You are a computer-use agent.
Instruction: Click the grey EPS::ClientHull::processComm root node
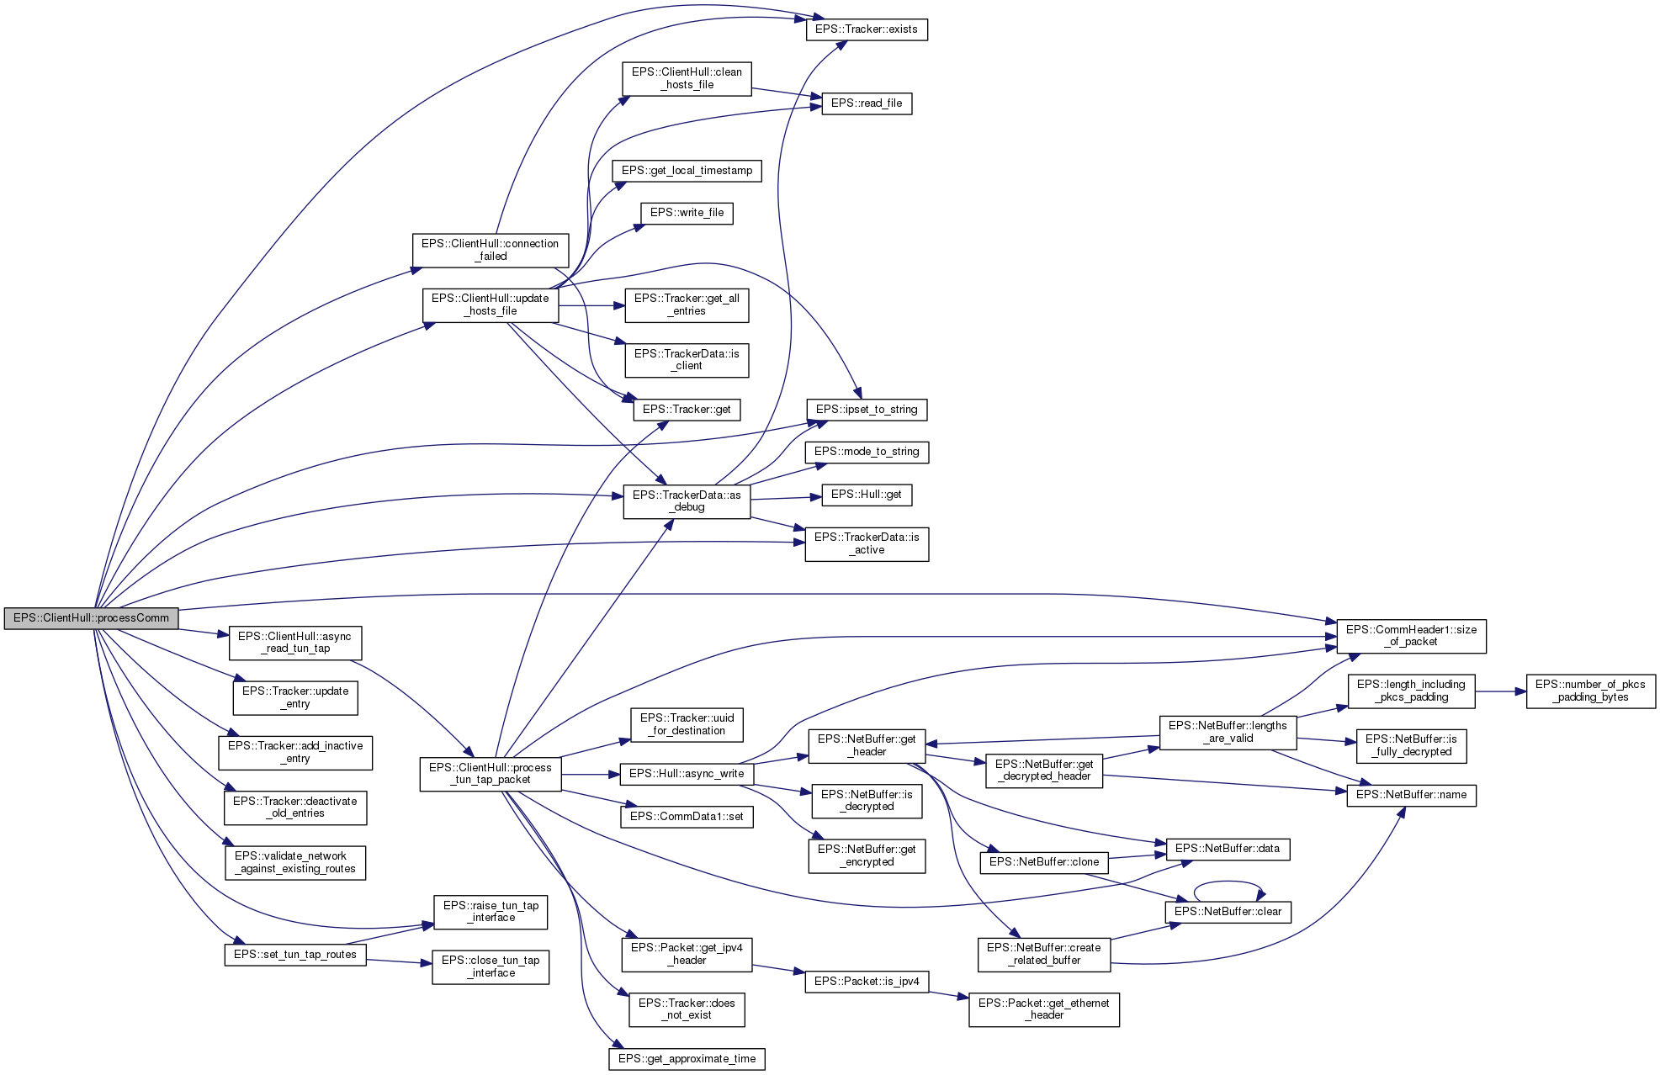click(91, 618)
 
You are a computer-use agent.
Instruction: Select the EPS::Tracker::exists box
click(866, 29)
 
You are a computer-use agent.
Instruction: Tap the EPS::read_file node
click(866, 103)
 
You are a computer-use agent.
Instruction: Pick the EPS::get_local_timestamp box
click(687, 171)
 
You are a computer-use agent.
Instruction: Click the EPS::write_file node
click(687, 213)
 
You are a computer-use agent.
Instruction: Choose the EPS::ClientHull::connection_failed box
click(490, 250)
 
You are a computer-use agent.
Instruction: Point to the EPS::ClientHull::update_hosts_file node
click(490, 304)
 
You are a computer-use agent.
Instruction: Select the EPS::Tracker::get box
click(687, 410)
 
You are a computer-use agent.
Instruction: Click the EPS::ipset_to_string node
click(866, 410)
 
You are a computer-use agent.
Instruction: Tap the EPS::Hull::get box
click(866, 495)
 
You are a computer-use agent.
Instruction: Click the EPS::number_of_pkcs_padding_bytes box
click(1590, 691)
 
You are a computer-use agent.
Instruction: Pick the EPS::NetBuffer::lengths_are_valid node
click(1228, 732)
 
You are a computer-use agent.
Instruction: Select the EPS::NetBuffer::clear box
click(1228, 912)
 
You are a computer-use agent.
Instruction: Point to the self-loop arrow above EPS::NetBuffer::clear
click(1228, 882)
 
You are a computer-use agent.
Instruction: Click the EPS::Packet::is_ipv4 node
click(866, 982)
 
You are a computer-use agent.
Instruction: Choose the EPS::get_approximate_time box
click(687, 1059)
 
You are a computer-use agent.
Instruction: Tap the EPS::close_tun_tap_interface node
click(491, 966)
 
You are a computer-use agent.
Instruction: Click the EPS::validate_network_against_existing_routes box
click(295, 862)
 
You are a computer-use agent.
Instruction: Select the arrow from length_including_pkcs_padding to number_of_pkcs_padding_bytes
click(1500, 691)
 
